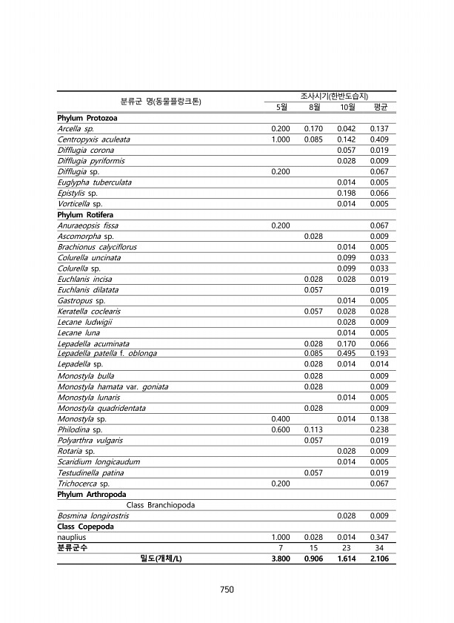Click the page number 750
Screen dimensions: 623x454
(227, 590)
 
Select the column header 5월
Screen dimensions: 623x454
(281, 107)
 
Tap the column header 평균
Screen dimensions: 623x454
(381, 107)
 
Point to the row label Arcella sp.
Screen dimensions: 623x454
(76, 128)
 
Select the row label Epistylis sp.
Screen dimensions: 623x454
(78, 193)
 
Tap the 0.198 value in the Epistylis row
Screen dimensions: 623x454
(347, 193)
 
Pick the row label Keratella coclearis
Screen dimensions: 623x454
(89, 311)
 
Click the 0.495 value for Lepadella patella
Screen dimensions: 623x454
(347, 353)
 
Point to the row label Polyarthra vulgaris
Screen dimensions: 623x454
(88, 440)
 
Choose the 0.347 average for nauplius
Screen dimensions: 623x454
(380, 536)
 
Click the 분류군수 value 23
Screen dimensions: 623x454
(347, 547)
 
